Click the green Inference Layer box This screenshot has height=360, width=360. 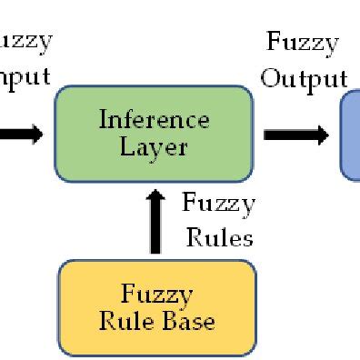coord(153,133)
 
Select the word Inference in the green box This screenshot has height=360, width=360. coord(154,120)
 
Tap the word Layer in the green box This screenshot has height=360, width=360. coord(153,146)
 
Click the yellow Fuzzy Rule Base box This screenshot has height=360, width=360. coord(156,307)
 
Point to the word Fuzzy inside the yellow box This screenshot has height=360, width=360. coord(156,295)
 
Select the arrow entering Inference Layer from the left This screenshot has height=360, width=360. coord(20,135)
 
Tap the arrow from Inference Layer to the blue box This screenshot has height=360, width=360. coord(296,135)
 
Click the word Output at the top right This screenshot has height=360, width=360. coord(304,79)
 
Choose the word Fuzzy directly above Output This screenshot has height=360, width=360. coord(302,43)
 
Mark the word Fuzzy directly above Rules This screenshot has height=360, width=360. coord(218,204)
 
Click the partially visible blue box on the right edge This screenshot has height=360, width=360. coord(350,135)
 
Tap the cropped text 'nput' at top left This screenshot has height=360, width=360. coord(25,76)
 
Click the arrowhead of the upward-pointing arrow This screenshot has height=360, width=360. coord(156,198)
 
